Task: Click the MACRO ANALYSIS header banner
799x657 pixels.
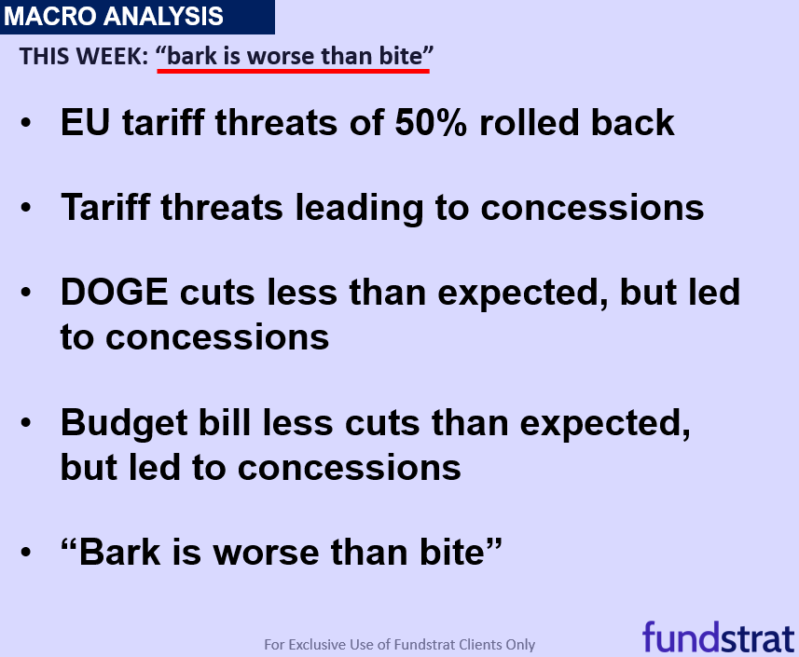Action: pyautogui.click(x=137, y=17)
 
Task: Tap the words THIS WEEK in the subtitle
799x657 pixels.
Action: pyautogui.click(x=84, y=56)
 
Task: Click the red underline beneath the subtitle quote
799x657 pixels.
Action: pyautogui.click(x=294, y=71)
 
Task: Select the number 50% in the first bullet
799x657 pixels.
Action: pyautogui.click(x=431, y=123)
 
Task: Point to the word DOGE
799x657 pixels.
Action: pyautogui.click(x=114, y=293)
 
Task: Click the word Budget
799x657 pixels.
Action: pyautogui.click(x=124, y=425)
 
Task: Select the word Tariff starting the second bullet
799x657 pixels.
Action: pyautogui.click(x=105, y=207)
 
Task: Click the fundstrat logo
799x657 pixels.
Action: pyautogui.click(x=719, y=636)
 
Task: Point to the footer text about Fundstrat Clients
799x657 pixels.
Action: pyautogui.click(x=399, y=645)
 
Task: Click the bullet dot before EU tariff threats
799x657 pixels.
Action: pyautogui.click(x=26, y=123)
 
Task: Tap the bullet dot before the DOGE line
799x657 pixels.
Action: pyautogui.click(x=26, y=292)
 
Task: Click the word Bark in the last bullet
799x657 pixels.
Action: pyautogui.click(x=120, y=552)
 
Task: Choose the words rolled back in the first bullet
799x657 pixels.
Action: pyautogui.click(x=577, y=123)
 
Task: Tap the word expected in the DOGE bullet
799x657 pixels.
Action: pyautogui.click(x=523, y=295)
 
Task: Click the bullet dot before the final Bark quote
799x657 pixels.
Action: pyautogui.click(x=26, y=552)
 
